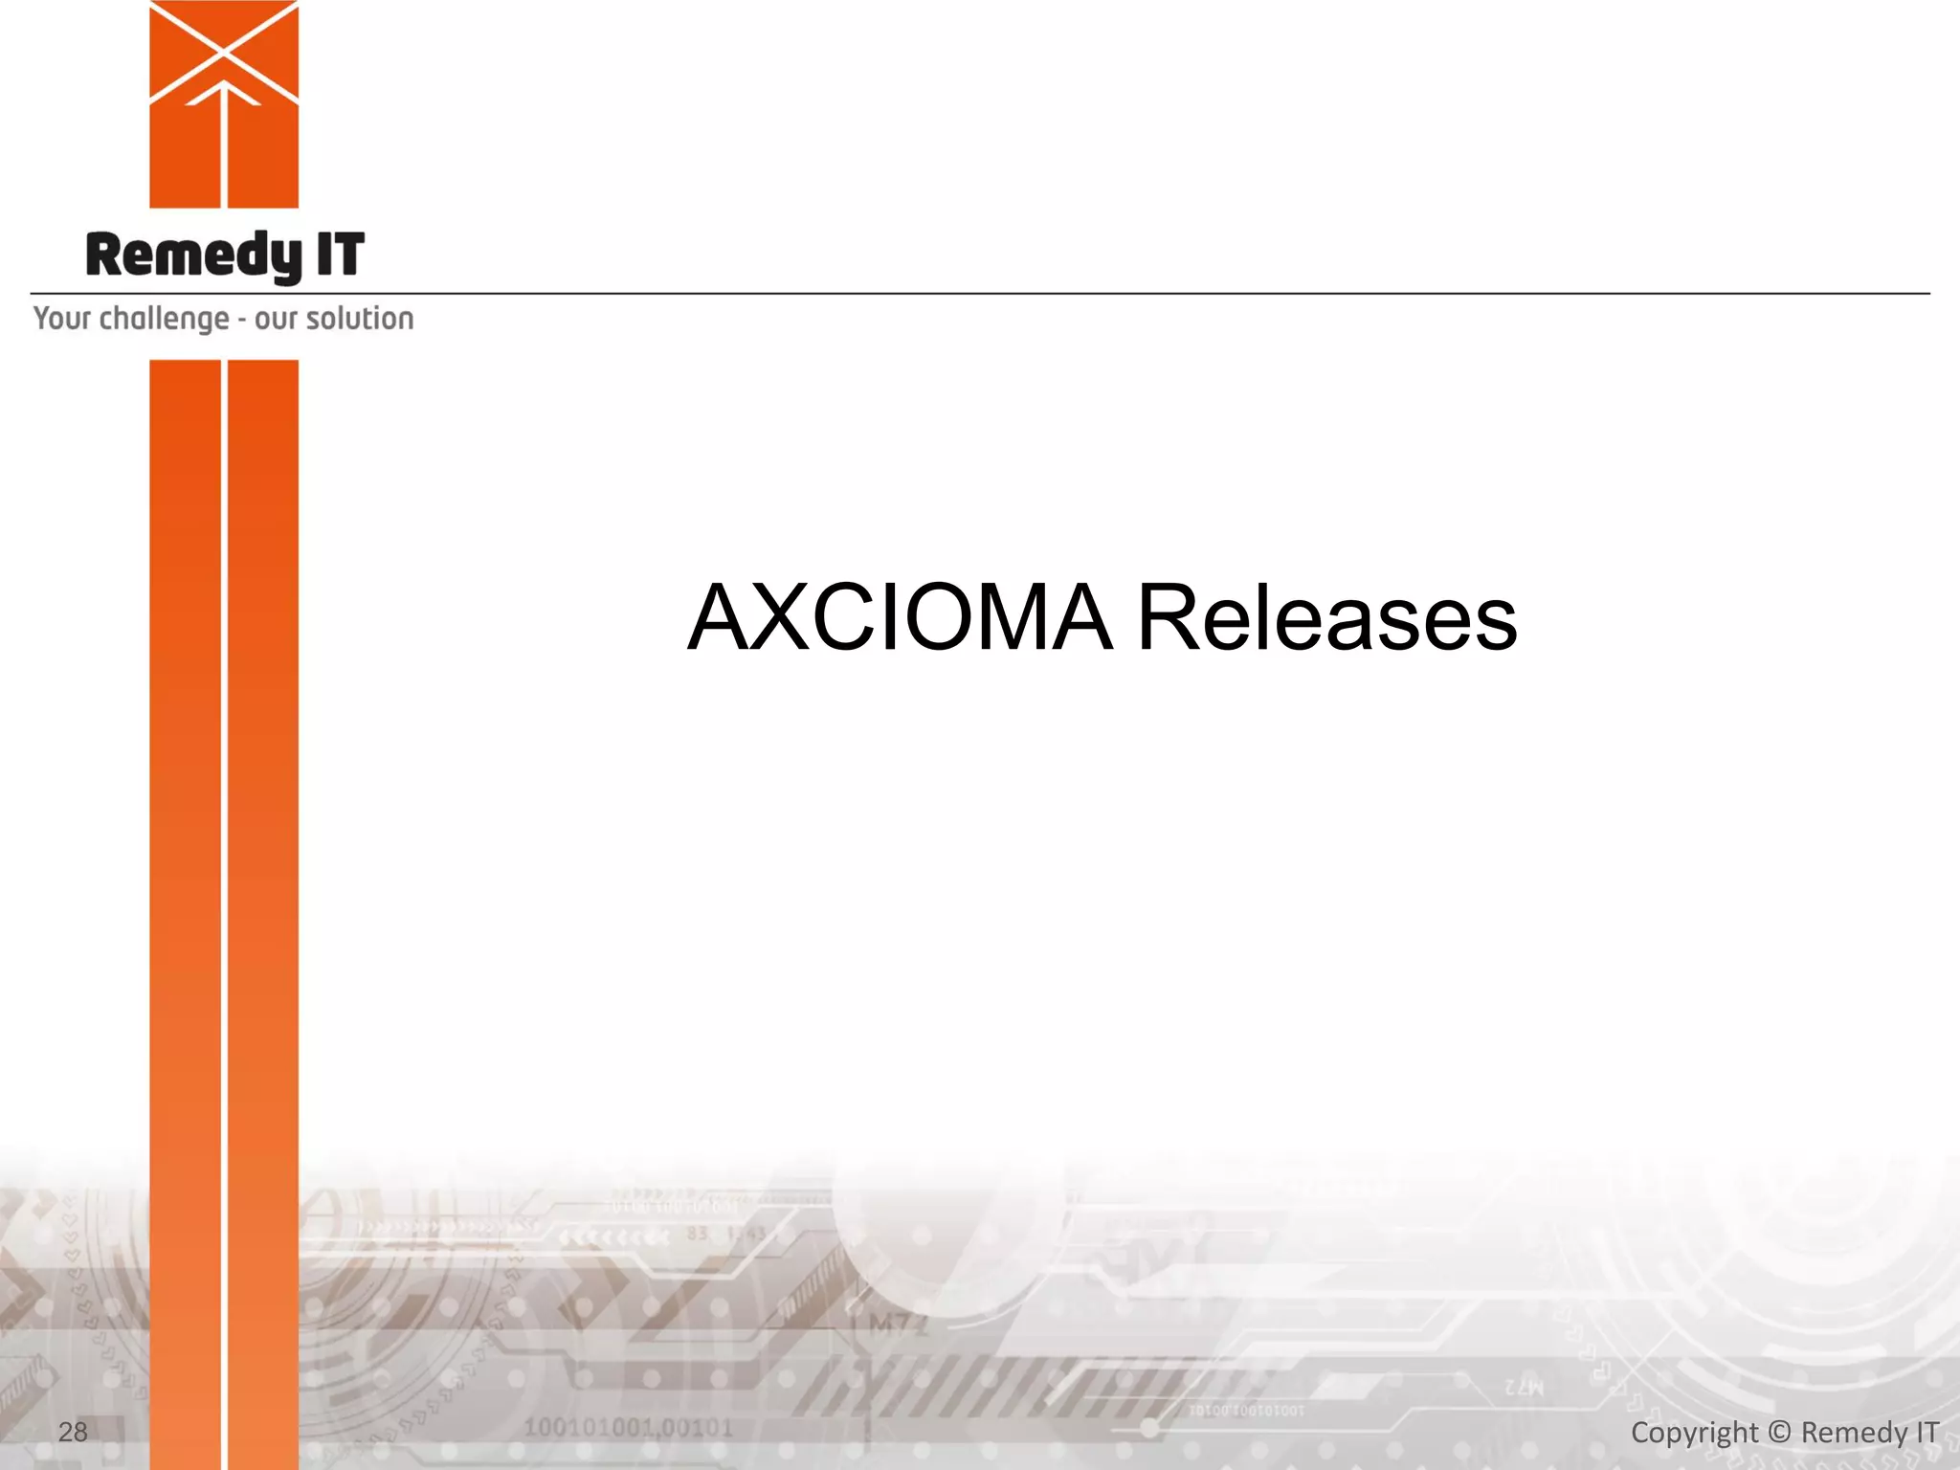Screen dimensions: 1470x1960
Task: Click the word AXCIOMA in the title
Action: (x=901, y=618)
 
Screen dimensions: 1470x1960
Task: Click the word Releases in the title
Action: (x=1326, y=618)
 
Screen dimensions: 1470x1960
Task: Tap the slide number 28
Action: (x=73, y=1432)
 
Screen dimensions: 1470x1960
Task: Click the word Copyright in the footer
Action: (x=1694, y=1433)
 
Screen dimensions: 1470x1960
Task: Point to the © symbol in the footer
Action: (x=1779, y=1433)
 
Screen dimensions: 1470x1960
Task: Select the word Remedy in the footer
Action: (x=1854, y=1433)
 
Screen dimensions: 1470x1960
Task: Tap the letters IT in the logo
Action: (x=340, y=256)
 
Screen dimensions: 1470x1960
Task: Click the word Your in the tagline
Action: (x=62, y=319)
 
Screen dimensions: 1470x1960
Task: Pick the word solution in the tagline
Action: (x=360, y=319)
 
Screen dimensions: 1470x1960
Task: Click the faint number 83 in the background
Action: (x=697, y=1235)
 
